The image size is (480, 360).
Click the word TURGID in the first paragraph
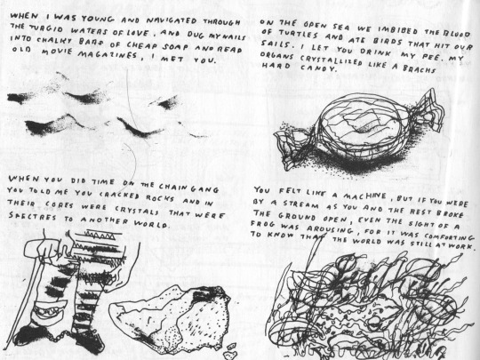(x=46, y=28)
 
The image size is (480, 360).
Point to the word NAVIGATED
(x=172, y=20)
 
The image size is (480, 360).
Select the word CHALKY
(x=54, y=40)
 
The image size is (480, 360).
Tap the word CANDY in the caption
(x=318, y=68)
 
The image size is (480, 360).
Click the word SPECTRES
(x=33, y=216)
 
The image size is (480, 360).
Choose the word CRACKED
(x=119, y=196)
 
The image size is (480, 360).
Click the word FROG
(x=262, y=224)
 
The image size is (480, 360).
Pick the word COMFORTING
(x=449, y=236)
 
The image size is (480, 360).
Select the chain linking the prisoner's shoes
(x=54, y=336)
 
